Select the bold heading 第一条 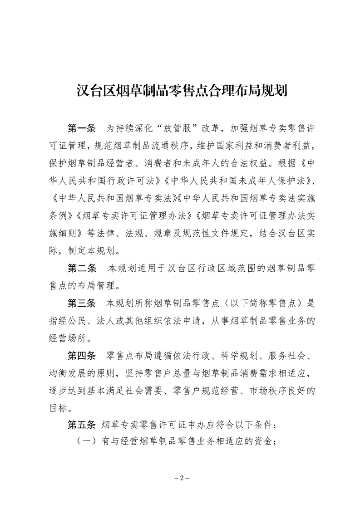[x=82, y=128]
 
